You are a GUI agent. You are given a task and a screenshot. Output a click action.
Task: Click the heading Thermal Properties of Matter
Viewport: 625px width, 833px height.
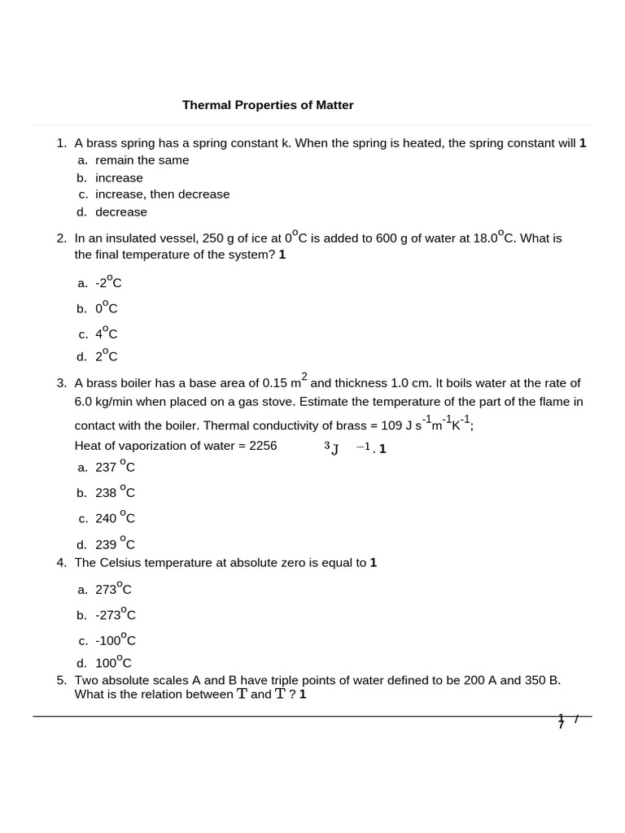tap(268, 105)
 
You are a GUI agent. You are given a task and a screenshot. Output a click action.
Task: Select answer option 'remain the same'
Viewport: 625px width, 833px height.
tap(142, 160)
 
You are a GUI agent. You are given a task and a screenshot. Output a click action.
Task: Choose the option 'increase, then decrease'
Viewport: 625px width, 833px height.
tap(162, 194)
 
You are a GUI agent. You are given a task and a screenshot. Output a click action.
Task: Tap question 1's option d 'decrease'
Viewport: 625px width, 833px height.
tap(121, 212)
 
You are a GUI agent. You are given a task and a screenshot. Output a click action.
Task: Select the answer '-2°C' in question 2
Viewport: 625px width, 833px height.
tap(108, 282)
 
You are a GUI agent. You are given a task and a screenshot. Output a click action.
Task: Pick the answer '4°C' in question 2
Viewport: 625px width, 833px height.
tap(107, 334)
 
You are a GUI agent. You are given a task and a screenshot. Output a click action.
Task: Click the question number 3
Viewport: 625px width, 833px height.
tap(61, 383)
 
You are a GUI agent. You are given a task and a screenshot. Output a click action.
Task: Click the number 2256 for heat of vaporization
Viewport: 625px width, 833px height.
tap(260, 446)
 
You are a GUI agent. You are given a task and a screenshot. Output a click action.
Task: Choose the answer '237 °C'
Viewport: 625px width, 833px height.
tap(115, 467)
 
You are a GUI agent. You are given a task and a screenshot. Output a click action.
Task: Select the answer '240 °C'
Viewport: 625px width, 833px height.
tap(115, 518)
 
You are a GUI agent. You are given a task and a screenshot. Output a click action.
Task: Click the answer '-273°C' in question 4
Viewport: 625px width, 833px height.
tap(115, 615)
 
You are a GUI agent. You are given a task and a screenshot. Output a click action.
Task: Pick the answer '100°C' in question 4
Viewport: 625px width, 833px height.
tap(113, 663)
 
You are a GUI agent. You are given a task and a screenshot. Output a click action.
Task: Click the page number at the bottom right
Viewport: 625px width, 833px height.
tap(562, 721)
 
